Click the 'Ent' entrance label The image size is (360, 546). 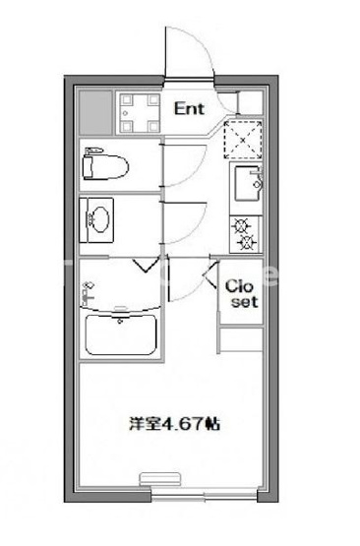(x=190, y=108)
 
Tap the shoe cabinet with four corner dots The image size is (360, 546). (x=139, y=112)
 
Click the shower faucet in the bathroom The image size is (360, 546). (x=89, y=289)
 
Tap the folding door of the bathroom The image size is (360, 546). (x=148, y=262)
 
